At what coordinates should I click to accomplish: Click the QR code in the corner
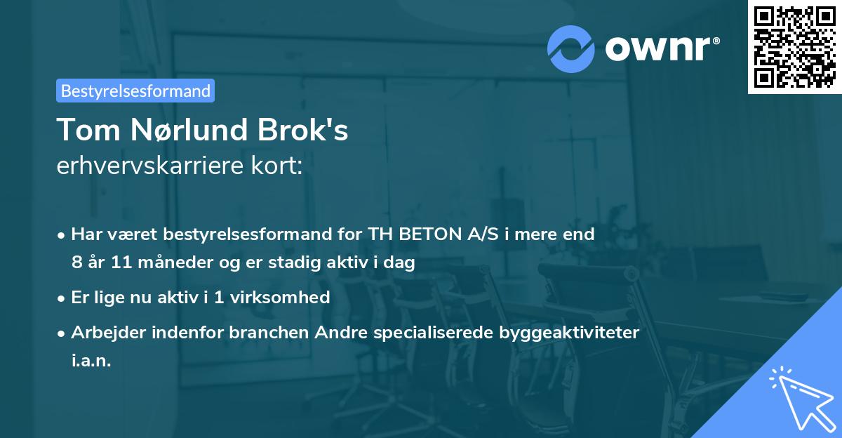pos(794,46)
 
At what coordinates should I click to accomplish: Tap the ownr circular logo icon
pos(571,48)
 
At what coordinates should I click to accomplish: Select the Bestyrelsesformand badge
pos(135,91)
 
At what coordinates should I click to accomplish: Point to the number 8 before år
pos(76,263)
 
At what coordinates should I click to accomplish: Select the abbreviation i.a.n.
pos(91,361)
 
